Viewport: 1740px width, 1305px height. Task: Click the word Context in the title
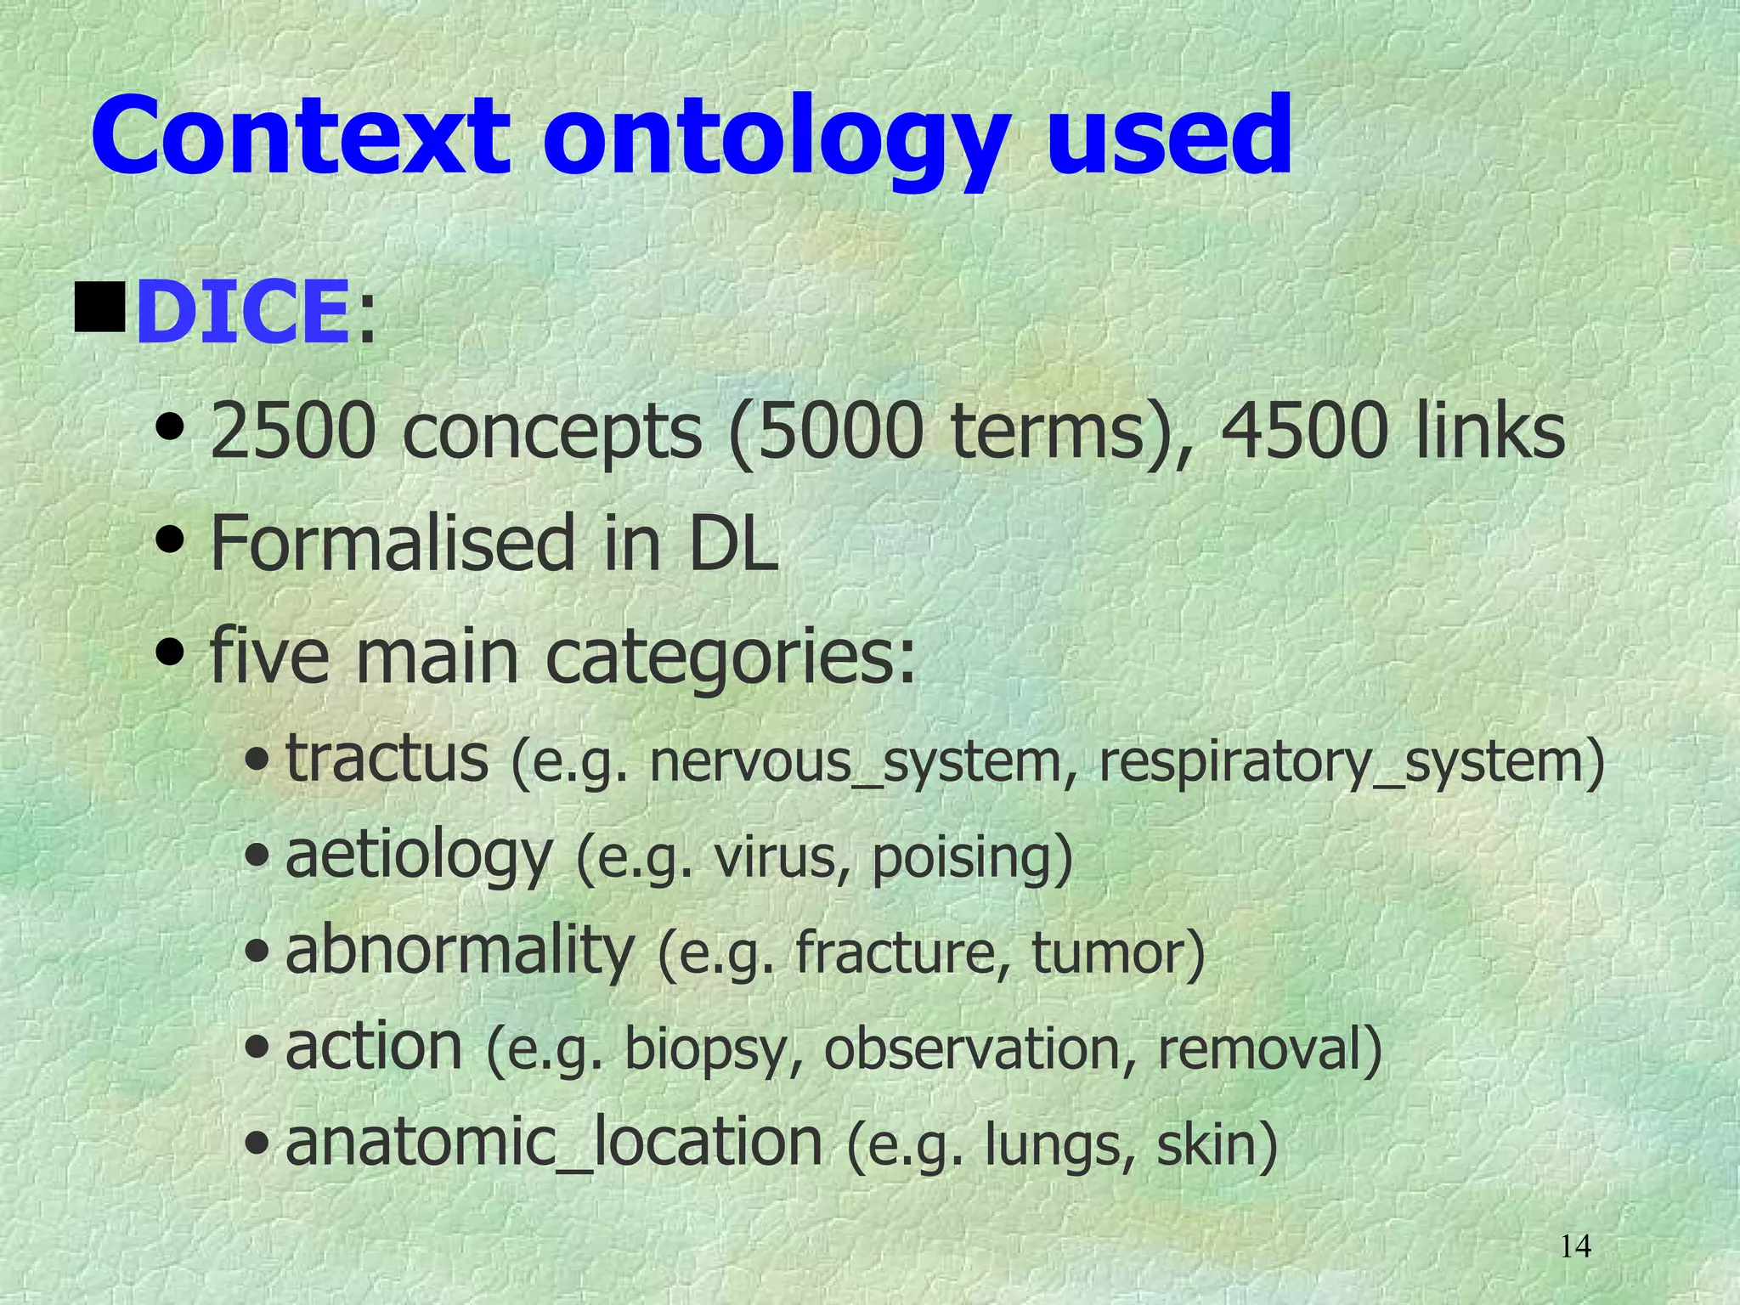(301, 136)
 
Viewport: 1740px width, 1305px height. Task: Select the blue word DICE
(243, 313)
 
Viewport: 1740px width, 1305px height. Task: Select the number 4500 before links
(1304, 432)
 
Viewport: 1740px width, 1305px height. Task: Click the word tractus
(387, 758)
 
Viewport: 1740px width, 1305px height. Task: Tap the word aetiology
(419, 856)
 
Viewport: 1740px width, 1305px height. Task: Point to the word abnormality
(460, 952)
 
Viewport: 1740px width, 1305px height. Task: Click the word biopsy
(714, 1050)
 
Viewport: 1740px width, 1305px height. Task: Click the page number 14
(1576, 1246)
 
